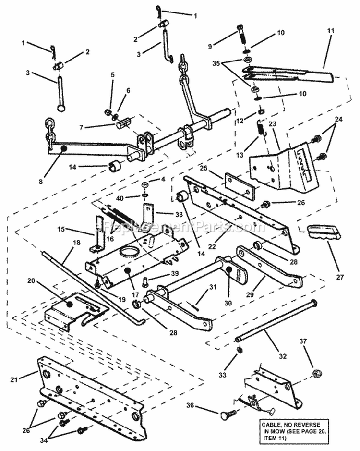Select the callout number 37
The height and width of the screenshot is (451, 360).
tap(316, 341)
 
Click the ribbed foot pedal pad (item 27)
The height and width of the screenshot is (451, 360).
tap(323, 232)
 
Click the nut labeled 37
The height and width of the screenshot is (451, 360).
tap(316, 374)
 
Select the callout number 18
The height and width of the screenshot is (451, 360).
tap(63, 244)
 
